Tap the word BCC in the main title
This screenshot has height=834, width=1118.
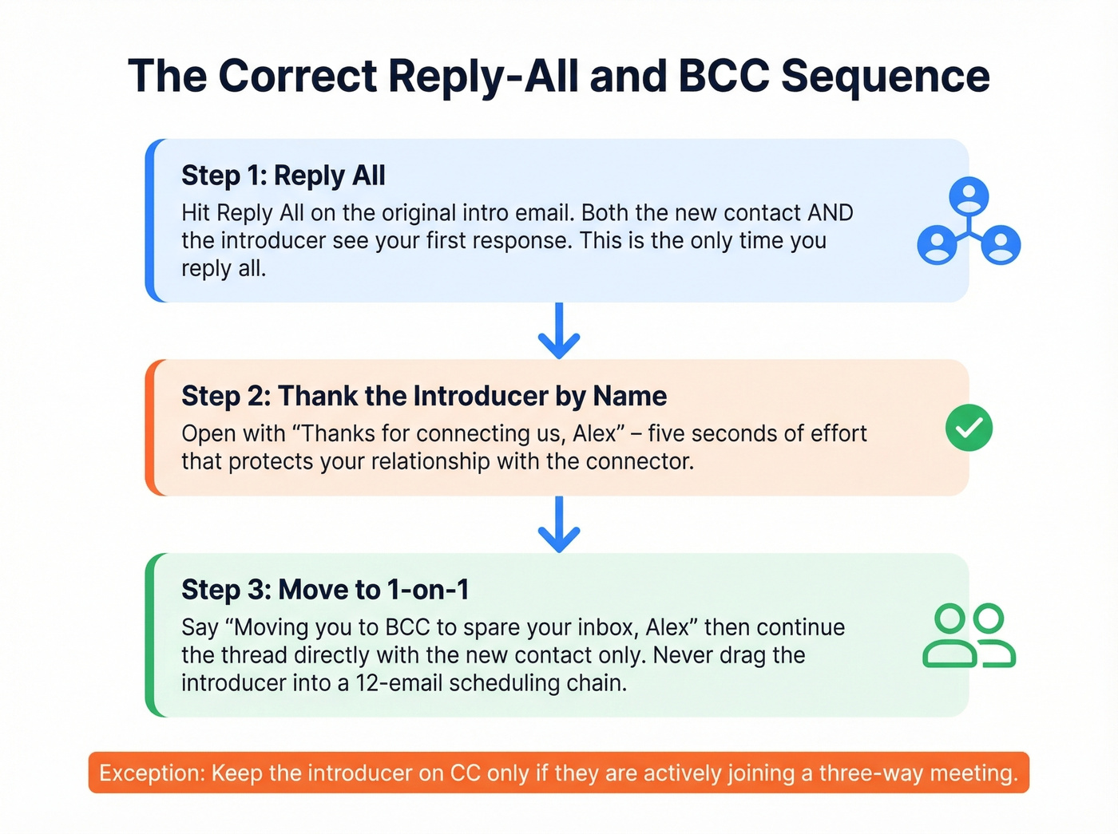tap(724, 77)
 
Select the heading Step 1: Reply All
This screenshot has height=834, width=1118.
tap(283, 176)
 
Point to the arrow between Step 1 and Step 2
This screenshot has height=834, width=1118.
tap(559, 330)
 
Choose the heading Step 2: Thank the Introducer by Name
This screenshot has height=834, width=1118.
tap(424, 396)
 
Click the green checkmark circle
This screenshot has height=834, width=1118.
tap(969, 428)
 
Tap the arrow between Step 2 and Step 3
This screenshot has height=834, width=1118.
tap(559, 524)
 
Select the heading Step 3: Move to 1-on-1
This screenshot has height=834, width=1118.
tap(325, 590)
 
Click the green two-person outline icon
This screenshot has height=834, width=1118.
tap(969, 635)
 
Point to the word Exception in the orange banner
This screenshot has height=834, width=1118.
tap(152, 773)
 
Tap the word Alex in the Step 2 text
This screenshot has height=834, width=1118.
tap(595, 433)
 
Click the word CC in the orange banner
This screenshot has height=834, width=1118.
tap(465, 773)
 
